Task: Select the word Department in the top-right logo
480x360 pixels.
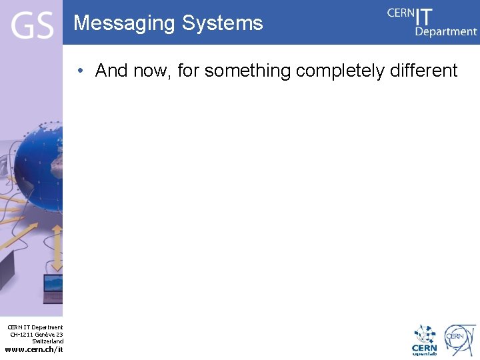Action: [446, 31]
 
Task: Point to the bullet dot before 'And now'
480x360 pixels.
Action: [79, 71]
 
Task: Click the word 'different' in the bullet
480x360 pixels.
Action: [425, 71]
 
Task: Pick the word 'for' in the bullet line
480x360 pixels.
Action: [189, 71]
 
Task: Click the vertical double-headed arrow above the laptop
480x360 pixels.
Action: [57, 247]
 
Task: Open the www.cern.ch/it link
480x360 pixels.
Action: [34, 349]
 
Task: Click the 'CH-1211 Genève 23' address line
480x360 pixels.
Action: [37, 334]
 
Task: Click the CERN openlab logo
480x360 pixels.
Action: [424, 340]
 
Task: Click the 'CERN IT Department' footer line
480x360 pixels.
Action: [35, 327]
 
